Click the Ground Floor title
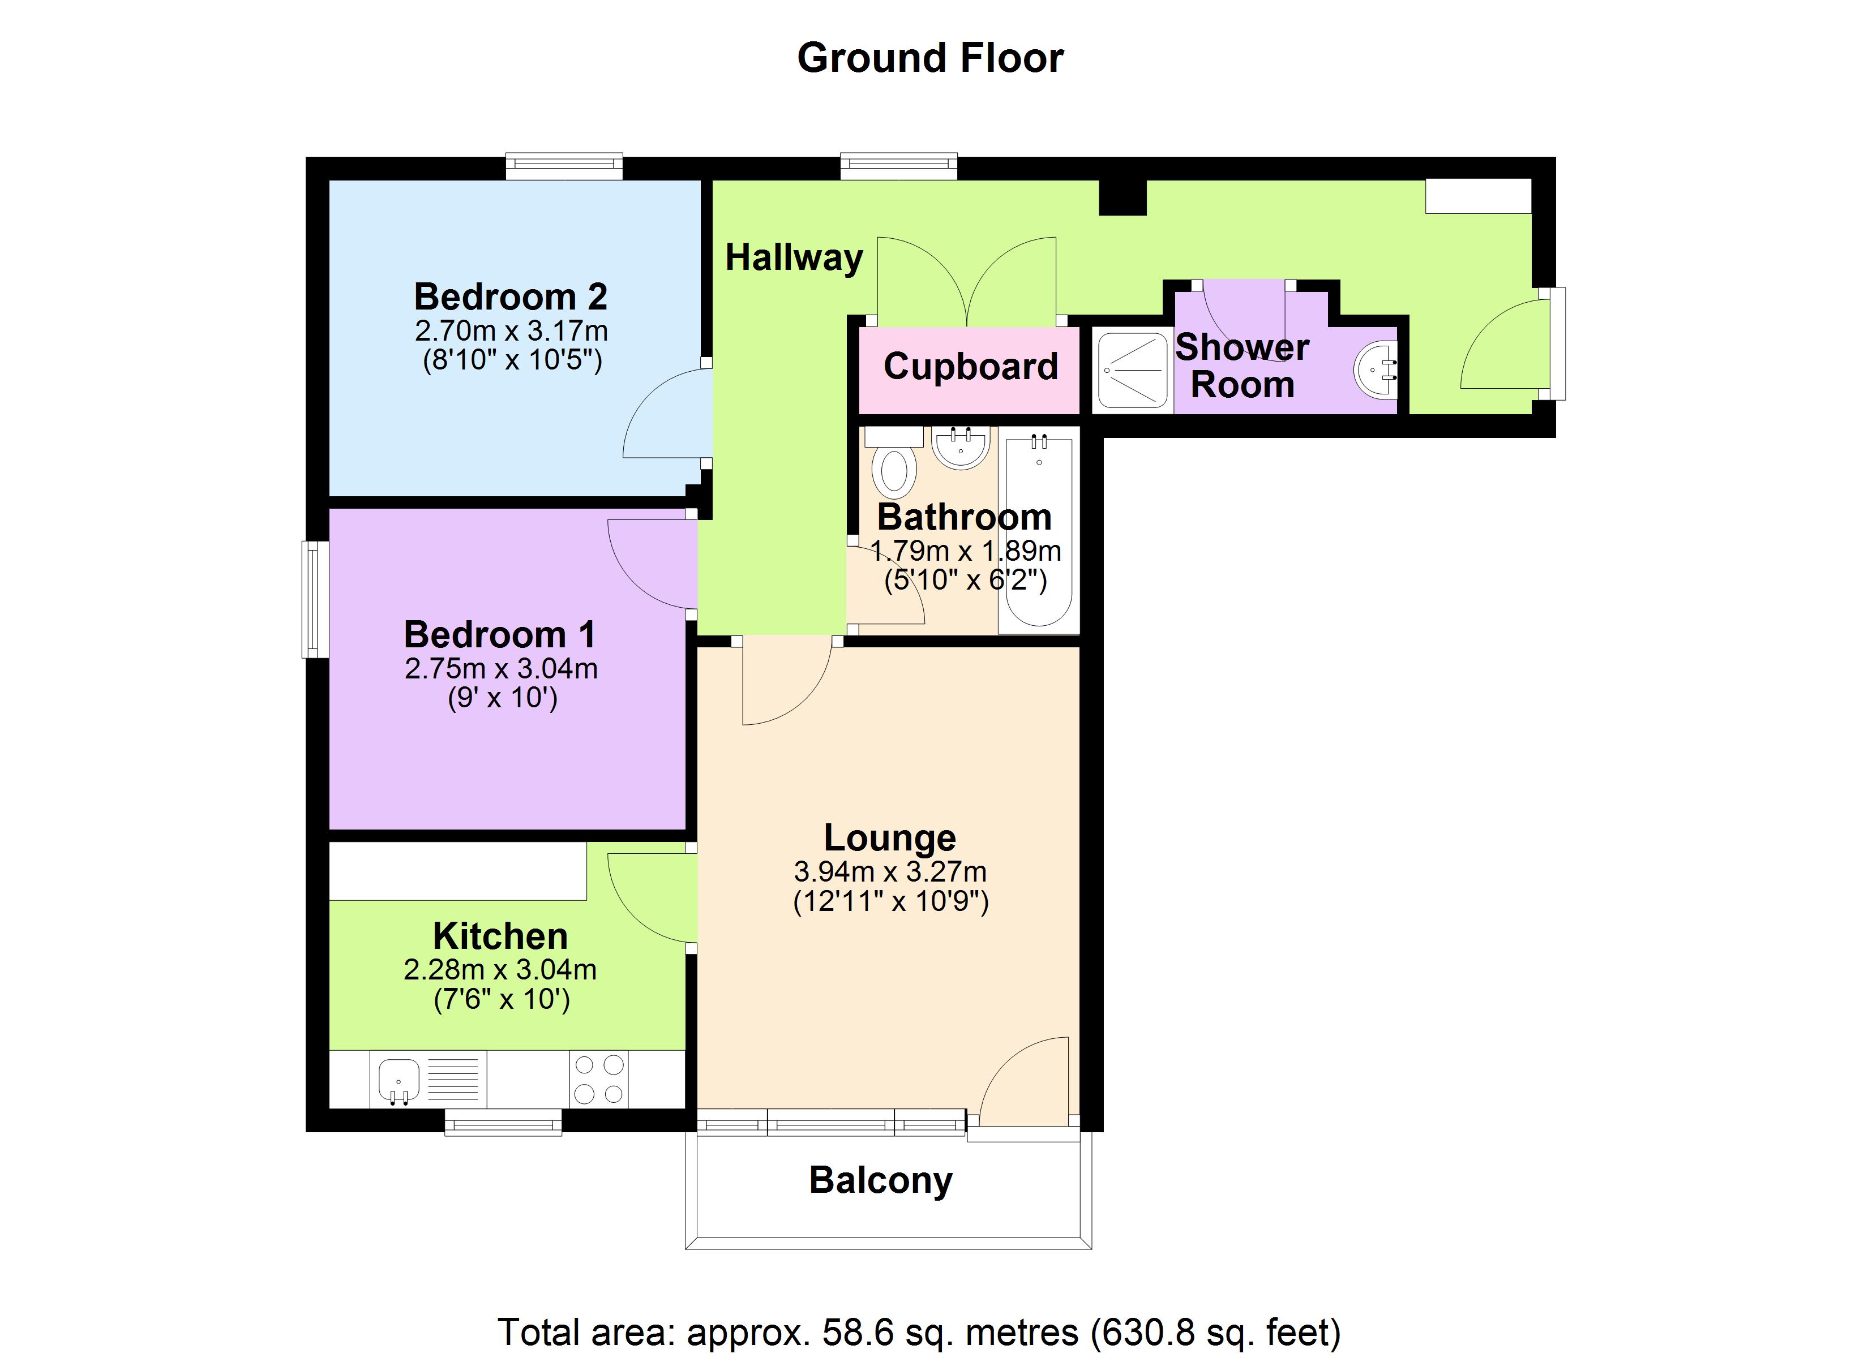pos(930,58)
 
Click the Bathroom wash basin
pos(961,447)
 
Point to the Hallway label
pos(793,258)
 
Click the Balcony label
pos(880,1180)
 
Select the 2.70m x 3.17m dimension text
pos(511,331)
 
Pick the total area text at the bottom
pos(918,1331)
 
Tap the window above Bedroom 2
pos(564,166)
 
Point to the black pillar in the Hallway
pos(1122,197)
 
